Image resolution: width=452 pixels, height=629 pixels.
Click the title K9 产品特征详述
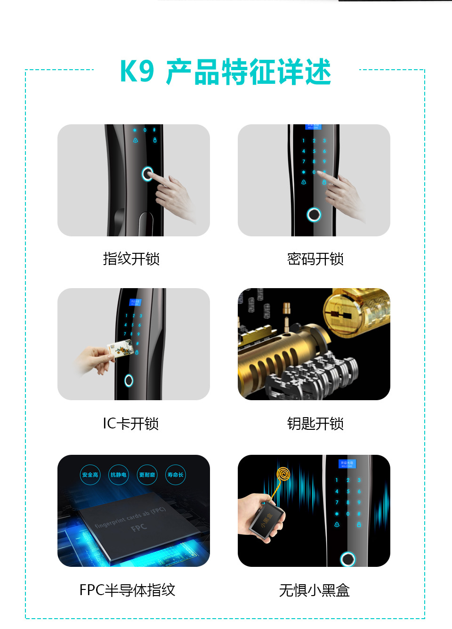pos(226,72)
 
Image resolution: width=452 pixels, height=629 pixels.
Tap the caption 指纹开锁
pos(131,259)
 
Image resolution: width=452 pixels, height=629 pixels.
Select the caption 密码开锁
pos(315,259)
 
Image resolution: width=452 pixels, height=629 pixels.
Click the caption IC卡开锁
pos(131,424)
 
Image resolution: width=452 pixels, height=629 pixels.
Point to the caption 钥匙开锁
pos(315,424)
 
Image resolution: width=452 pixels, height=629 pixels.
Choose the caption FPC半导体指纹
pos(127,590)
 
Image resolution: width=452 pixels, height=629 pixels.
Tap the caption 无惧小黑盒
pos(314,590)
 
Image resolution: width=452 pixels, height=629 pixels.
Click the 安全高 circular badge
pos(90,475)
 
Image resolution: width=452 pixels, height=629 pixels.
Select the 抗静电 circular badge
pos(118,475)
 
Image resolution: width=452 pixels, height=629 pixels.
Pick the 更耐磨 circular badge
pos(147,475)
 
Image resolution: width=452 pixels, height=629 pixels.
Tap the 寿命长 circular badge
pos(175,475)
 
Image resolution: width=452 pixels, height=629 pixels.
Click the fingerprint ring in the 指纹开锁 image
pos(147,174)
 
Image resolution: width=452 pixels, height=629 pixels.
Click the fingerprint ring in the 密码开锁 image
pos(314,215)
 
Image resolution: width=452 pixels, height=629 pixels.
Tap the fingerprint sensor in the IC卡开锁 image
pos(129,380)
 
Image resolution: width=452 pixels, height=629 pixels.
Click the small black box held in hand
pos(267,520)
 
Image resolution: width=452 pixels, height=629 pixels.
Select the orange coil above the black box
pos(283,474)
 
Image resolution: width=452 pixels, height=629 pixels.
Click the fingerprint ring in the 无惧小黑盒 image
pos(348,559)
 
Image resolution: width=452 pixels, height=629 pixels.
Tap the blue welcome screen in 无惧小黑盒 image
pos(347,464)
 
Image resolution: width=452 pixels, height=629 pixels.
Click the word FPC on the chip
pos(139,528)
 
